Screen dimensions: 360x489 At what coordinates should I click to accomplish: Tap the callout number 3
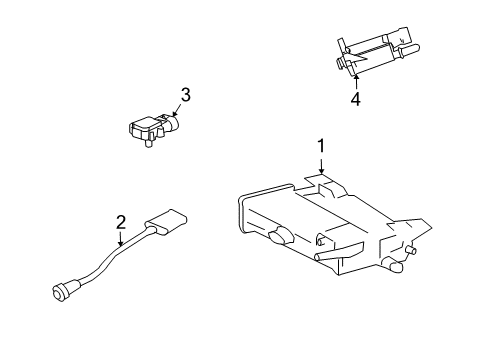(x=185, y=95)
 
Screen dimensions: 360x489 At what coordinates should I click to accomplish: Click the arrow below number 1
(x=322, y=167)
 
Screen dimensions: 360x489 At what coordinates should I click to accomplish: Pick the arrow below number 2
(x=120, y=239)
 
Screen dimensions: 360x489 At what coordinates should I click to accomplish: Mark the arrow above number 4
(x=354, y=80)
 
